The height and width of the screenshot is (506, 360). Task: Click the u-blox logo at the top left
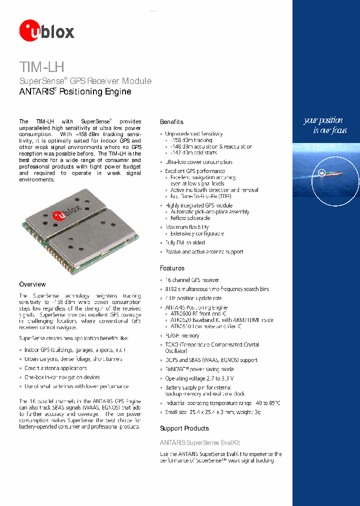[46, 30]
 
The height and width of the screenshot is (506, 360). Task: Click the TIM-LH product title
[41, 66]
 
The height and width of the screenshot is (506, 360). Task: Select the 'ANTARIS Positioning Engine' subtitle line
[75, 92]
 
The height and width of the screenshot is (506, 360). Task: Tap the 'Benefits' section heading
[171, 122]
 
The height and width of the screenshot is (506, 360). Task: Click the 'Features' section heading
[172, 268]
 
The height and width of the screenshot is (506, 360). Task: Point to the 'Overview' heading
[32, 284]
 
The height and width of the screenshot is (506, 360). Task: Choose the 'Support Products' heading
[184, 428]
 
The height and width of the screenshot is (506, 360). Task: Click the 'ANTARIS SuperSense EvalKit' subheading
[200, 442]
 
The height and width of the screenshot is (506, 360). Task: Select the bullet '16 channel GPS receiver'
[192, 280]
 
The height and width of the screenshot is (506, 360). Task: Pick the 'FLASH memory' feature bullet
[182, 335]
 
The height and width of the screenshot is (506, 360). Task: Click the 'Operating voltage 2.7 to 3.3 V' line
[199, 378]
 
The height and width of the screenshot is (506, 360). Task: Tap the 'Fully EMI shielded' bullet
[184, 242]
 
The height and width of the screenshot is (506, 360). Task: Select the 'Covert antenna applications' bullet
[55, 368]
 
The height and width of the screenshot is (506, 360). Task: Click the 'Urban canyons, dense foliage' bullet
[73, 359]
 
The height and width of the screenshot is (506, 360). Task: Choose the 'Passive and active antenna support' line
[204, 252]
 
